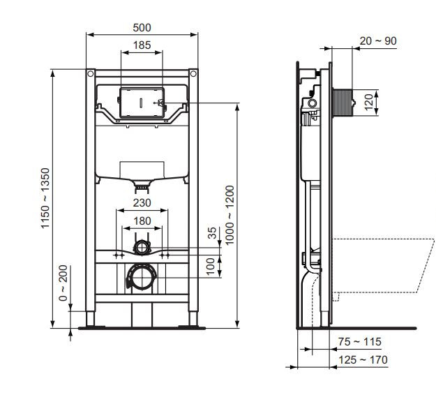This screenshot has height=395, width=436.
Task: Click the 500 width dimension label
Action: (142, 27)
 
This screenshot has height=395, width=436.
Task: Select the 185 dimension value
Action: (142, 45)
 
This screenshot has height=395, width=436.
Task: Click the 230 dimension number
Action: (142, 204)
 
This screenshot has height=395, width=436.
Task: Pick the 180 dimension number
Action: (142, 221)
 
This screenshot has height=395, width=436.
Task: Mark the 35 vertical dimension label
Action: (212, 234)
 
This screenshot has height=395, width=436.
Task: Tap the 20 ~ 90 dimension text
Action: (378, 41)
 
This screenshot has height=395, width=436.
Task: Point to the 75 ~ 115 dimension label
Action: (360, 342)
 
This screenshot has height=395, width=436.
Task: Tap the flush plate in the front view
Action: (142, 103)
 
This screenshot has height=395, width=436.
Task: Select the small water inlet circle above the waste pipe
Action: (142, 246)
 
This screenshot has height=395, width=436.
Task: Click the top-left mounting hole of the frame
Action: (91, 73)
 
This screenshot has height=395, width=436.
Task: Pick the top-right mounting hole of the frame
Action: (192, 73)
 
